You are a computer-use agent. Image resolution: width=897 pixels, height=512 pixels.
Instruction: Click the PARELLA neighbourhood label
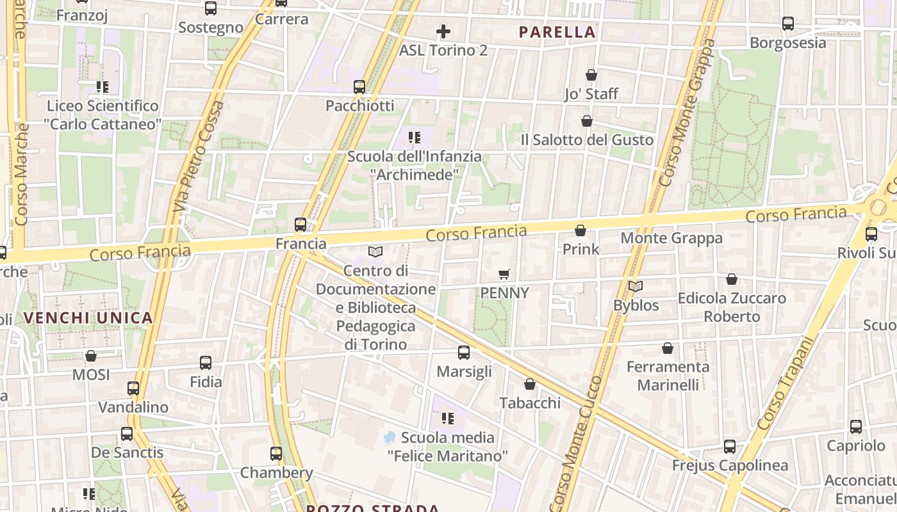(557, 32)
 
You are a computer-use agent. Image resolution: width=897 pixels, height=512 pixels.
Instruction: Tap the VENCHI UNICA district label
(88, 317)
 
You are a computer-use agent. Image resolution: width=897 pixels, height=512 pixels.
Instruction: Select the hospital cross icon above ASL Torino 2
(443, 31)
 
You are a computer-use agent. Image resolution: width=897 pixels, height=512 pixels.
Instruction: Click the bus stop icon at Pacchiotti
(359, 86)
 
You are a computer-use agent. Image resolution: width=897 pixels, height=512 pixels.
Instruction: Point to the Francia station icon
(300, 225)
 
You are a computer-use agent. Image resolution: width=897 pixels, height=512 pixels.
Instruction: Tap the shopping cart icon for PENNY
(504, 274)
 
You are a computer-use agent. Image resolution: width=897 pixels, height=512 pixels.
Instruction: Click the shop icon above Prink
(580, 230)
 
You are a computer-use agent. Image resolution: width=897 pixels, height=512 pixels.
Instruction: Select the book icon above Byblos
(636, 286)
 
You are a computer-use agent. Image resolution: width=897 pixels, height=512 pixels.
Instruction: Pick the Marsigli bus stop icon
(464, 353)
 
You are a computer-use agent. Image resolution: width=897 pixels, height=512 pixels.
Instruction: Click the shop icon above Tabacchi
(530, 384)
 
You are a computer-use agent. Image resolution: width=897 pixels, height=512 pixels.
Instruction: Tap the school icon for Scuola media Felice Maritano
(447, 419)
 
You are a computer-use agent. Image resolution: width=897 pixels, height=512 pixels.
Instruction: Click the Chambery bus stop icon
(276, 454)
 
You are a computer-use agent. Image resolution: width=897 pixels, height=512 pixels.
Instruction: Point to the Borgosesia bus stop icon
(788, 24)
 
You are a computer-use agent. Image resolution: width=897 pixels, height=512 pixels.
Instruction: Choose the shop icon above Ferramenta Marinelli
(668, 348)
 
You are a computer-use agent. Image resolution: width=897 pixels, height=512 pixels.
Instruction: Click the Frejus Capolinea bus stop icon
(730, 447)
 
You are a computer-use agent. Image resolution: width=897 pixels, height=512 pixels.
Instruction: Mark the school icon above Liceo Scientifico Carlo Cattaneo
(102, 86)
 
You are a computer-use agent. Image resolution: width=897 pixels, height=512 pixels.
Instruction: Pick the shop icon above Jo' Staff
(591, 75)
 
